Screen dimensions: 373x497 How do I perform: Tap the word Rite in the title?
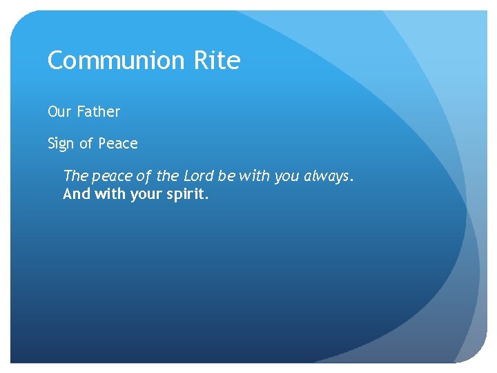216,61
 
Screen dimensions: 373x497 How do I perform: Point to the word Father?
98,111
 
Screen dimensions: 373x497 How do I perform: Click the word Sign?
61,144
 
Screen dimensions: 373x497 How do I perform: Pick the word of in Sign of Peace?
86,144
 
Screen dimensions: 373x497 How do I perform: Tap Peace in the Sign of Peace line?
118,144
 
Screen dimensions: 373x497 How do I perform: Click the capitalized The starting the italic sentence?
75,176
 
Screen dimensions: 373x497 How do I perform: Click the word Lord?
199,176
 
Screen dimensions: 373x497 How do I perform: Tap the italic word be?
226,176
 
